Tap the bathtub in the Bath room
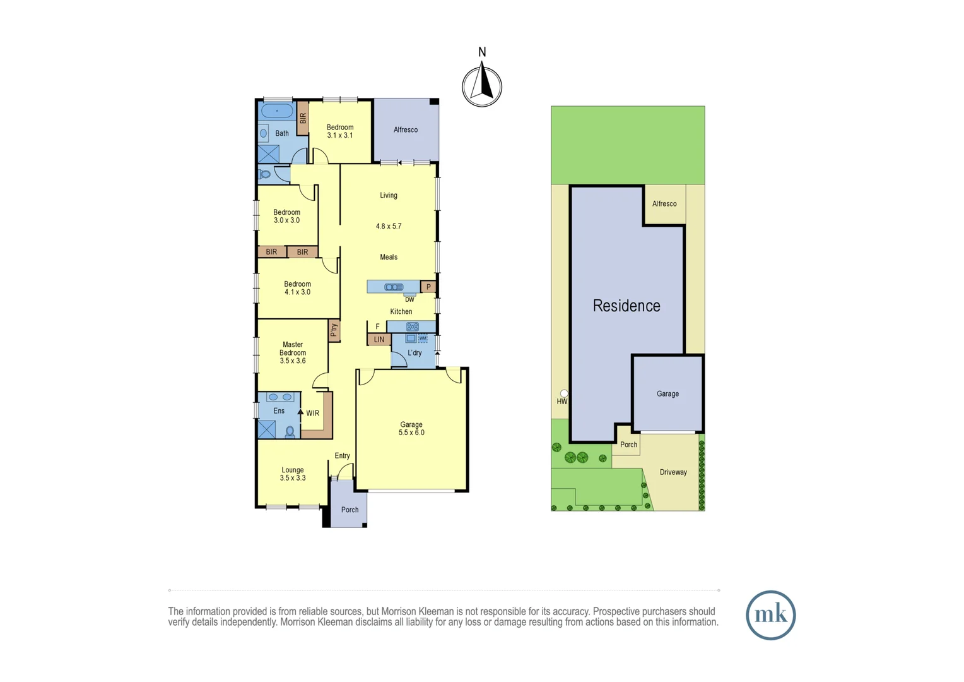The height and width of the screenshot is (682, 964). coord(277,111)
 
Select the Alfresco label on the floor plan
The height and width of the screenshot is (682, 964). coord(406,130)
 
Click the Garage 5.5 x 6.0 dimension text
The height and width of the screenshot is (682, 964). coord(411,433)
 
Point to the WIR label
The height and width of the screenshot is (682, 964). coord(312,414)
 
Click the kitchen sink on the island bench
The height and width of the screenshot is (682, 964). coord(394,287)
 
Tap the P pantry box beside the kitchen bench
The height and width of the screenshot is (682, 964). coord(428,287)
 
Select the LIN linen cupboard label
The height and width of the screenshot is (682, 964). coord(379,340)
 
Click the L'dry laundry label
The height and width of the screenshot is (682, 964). coord(414,353)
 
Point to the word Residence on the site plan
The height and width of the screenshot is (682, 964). coord(626,306)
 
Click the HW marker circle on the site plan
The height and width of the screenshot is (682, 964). coord(564,393)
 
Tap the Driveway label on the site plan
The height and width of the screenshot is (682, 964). coord(673,472)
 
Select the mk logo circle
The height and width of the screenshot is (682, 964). coord(770,615)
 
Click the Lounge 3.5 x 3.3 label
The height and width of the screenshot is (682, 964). coord(293,474)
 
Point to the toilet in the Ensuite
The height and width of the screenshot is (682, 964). coord(290,432)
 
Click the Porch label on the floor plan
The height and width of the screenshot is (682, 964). coord(350,510)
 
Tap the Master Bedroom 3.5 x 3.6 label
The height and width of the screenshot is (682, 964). coord(293,353)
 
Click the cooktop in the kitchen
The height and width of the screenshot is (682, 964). coord(412,326)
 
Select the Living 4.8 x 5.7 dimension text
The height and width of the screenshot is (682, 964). coord(389,226)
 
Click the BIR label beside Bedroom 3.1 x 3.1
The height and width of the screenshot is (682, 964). coord(303,118)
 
